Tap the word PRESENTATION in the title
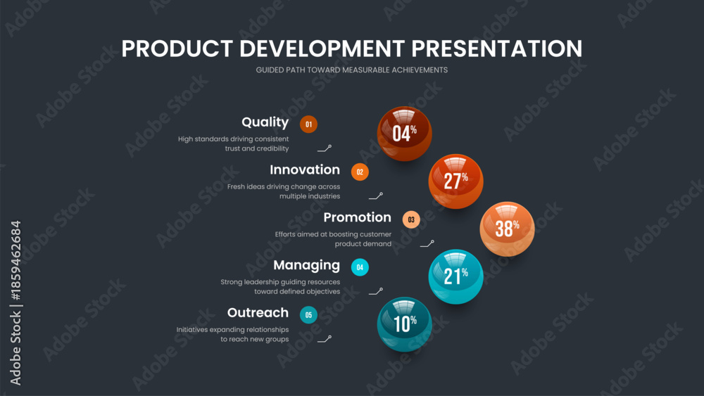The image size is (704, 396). tap(497, 49)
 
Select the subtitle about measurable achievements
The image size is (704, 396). tap(351, 70)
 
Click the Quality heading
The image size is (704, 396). tap(265, 122)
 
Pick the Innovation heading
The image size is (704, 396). tap(305, 170)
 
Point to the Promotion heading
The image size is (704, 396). tap(358, 217)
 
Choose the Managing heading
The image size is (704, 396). tap(307, 265)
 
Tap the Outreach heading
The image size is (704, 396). tap(258, 312)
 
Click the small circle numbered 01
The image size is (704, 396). tap(308, 124)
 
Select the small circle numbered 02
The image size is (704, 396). tap(360, 172)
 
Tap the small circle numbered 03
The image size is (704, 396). tap(411, 219)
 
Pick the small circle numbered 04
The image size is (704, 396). tap(360, 267)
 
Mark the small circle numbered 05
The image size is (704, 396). tap(308, 315)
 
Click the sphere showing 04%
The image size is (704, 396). tap(405, 134)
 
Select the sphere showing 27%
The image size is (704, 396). tap(455, 181)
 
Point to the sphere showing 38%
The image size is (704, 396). tap(508, 229)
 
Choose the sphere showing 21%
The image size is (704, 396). tap(455, 276)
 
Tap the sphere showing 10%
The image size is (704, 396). tap(405, 324)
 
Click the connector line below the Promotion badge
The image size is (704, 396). tap(427, 243)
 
